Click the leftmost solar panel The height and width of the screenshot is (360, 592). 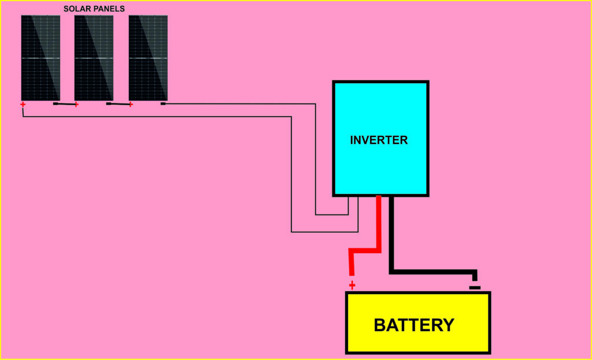(40, 58)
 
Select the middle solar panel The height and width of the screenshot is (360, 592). (94, 58)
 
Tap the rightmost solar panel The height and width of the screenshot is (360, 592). (148, 58)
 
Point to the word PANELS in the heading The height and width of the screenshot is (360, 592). (110, 9)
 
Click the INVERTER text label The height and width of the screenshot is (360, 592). (379, 140)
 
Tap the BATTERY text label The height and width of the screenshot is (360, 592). (414, 325)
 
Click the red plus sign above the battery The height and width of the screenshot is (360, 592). (352, 285)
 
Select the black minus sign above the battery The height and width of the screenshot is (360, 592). (475, 287)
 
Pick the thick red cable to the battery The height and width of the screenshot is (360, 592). (379, 231)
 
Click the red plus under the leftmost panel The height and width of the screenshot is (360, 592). (23, 105)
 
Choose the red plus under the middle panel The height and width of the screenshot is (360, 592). (76, 105)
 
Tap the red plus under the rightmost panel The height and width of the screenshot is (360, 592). (131, 105)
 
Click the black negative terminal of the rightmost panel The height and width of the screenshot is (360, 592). (163, 104)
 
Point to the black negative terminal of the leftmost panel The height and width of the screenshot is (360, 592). (55, 104)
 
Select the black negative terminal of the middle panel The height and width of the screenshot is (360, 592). (109, 104)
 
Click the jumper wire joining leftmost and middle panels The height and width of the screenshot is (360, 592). (66, 105)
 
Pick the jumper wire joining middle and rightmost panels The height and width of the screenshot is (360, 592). (120, 105)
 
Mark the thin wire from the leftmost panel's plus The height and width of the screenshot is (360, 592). (156, 117)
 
